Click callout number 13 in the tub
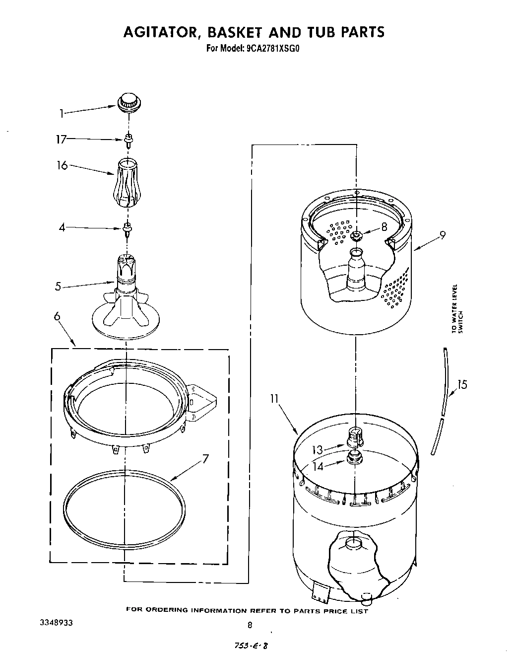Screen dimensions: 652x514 [318, 450]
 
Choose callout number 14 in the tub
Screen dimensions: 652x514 [318, 466]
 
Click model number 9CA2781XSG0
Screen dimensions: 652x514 [274, 49]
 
